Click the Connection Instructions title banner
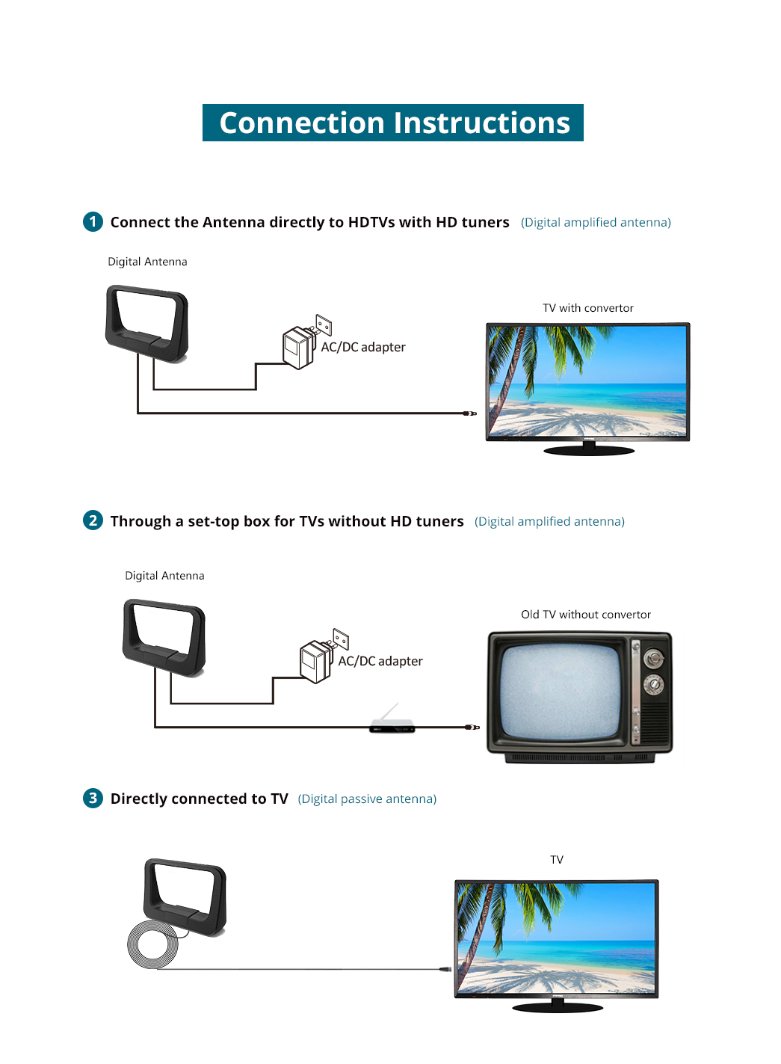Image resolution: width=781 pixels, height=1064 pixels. coord(392,123)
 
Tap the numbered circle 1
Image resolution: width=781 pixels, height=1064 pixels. coord(93,222)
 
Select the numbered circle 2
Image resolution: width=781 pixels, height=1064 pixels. coord(93,520)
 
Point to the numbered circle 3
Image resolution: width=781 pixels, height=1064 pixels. coord(93,798)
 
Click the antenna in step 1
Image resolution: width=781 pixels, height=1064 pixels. coord(146,324)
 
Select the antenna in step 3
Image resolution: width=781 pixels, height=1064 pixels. coord(185,897)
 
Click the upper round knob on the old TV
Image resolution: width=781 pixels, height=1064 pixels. coord(653,659)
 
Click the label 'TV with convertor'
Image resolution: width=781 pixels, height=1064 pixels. coord(587,308)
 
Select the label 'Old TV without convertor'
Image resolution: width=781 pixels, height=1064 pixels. coord(585,614)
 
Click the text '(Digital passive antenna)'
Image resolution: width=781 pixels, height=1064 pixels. coord(367,799)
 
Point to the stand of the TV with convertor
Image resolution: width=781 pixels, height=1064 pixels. coord(589,449)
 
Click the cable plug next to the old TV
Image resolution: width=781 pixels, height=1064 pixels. coord(472,728)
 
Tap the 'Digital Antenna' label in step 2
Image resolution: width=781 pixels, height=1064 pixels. coord(164,576)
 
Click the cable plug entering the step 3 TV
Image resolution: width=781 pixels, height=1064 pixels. coord(445,969)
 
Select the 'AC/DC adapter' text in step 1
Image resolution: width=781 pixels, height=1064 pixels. coord(363,347)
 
